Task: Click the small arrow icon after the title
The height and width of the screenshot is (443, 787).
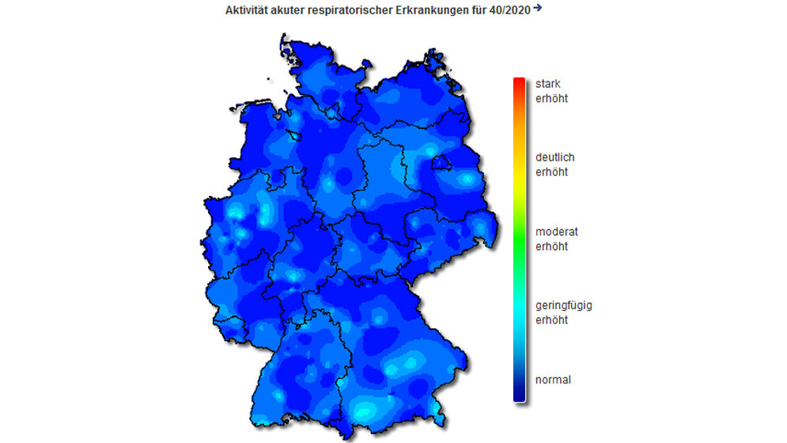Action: tap(538, 8)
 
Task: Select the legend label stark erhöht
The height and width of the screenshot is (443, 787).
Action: tap(551, 91)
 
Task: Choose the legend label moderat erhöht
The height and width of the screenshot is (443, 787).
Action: tap(556, 239)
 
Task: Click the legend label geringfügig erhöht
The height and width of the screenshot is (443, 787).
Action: tap(563, 312)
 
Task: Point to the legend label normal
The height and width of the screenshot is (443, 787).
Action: tap(552, 380)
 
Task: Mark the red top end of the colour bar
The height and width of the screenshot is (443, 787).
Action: tap(519, 82)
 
